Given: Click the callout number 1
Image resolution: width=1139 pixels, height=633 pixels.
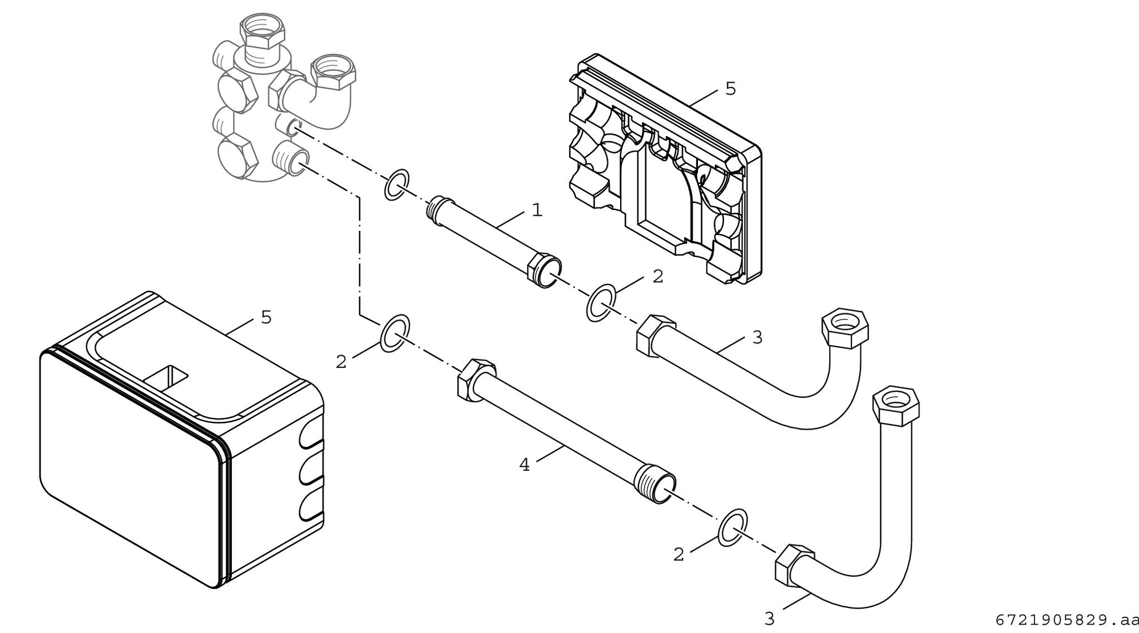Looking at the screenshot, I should pyautogui.click(x=537, y=210).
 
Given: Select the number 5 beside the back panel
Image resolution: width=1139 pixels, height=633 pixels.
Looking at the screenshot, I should pyautogui.click(x=730, y=88).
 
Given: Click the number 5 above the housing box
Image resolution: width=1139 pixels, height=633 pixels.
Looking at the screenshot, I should pyautogui.click(x=266, y=317).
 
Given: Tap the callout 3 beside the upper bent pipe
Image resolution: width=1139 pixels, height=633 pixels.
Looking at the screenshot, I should pyautogui.click(x=757, y=337).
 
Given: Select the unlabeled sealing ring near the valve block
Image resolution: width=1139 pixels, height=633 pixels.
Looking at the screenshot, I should pyautogui.click(x=397, y=185).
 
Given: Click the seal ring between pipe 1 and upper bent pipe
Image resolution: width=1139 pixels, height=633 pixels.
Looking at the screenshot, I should pyautogui.click(x=601, y=303).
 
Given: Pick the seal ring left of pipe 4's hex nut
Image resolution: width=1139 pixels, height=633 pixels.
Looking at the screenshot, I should pyautogui.click(x=395, y=333).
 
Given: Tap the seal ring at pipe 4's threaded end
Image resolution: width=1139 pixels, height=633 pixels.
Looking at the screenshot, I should pyautogui.click(x=732, y=527).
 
